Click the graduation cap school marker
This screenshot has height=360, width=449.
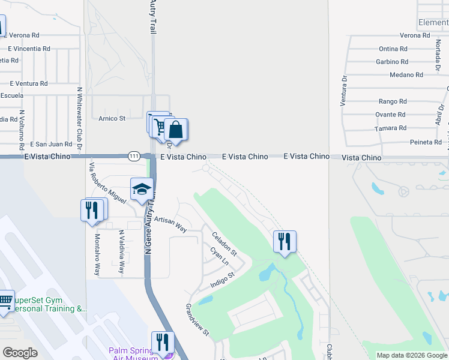(x=142, y=189)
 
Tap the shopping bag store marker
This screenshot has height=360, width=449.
(x=176, y=130)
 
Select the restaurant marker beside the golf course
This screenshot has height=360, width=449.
(x=285, y=242)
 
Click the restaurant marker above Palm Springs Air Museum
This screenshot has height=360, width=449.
(x=162, y=343)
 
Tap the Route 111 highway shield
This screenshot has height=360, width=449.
(x=134, y=156)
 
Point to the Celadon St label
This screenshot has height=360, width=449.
(x=224, y=243)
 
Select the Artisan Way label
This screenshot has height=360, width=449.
(x=170, y=225)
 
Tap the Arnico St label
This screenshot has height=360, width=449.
(x=112, y=119)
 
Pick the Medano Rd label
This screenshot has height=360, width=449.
(x=406, y=75)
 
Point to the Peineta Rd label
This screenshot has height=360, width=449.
(x=426, y=142)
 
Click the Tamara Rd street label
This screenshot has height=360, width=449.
(x=391, y=128)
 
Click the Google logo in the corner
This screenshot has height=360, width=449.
(x=20, y=352)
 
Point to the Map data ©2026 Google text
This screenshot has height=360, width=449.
(x=412, y=355)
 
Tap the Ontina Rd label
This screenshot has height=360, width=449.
(x=393, y=49)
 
